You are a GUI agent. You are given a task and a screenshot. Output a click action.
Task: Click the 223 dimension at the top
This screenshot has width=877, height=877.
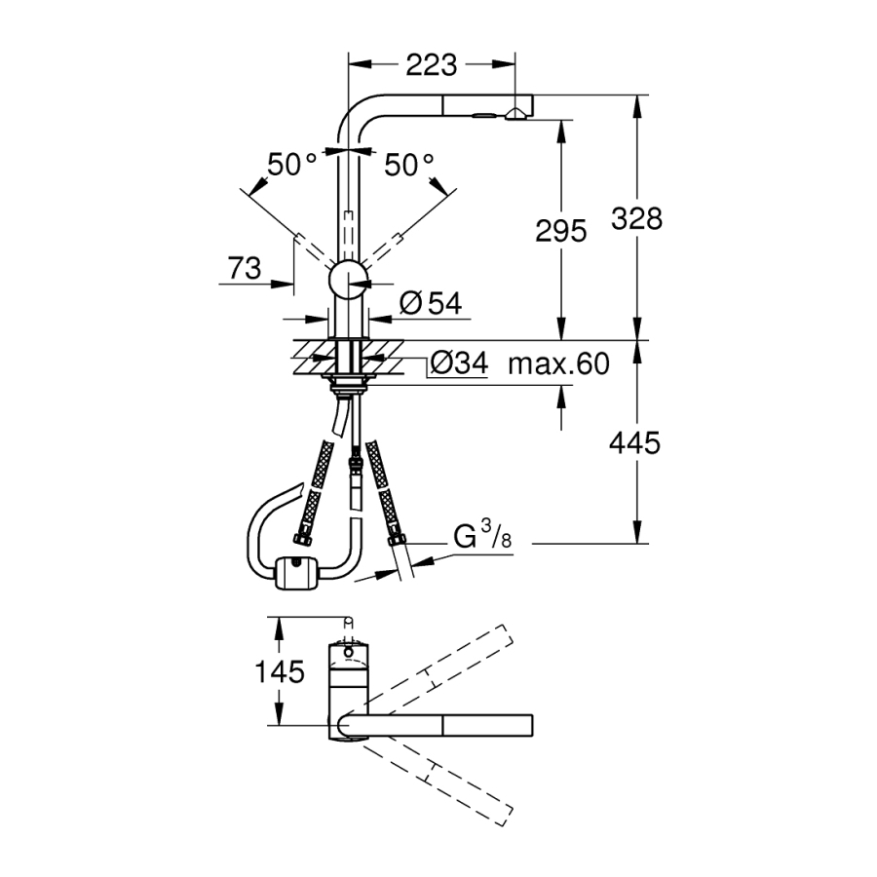[432, 65]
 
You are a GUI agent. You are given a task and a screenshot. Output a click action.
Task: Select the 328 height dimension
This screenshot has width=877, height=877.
[636, 218]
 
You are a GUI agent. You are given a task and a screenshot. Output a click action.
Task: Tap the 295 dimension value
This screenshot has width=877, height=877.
[561, 230]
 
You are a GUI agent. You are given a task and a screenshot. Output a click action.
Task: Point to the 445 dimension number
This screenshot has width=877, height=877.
[634, 443]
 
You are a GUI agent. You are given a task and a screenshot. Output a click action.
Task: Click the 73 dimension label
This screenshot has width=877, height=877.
[245, 268]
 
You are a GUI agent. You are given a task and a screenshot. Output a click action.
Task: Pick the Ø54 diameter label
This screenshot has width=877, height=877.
[432, 304]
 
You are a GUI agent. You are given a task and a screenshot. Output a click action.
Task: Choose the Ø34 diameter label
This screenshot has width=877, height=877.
[460, 363]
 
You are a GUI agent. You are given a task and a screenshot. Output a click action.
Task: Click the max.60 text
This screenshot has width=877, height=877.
[558, 364]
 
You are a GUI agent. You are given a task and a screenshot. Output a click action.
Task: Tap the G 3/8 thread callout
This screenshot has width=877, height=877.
[482, 535]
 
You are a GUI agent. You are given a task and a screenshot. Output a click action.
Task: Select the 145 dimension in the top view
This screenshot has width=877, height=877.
[280, 671]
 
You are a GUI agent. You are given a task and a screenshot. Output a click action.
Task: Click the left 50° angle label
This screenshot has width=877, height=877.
[291, 165]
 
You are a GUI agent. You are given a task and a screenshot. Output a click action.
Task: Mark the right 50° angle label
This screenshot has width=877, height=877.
[409, 165]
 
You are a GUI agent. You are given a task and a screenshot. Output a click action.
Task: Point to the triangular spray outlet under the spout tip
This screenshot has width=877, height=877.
[514, 115]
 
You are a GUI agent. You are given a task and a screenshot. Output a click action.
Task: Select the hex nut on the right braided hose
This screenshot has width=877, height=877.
[397, 540]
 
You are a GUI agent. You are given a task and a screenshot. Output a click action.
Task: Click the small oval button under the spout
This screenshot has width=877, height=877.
[483, 116]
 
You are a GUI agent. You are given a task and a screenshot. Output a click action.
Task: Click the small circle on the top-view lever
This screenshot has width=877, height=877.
[349, 652]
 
